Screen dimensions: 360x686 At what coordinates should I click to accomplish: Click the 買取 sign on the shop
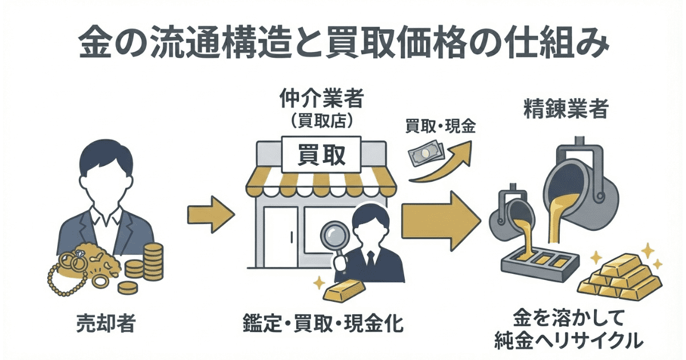pos(321,154)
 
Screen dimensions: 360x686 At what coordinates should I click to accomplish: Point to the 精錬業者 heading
pos(565,110)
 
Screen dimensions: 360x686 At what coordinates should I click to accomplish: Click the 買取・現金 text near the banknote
pos(440,127)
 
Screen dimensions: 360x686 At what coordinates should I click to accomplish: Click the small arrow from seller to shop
pos(210,214)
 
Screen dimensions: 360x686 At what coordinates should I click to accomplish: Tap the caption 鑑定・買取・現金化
pos(323,325)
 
